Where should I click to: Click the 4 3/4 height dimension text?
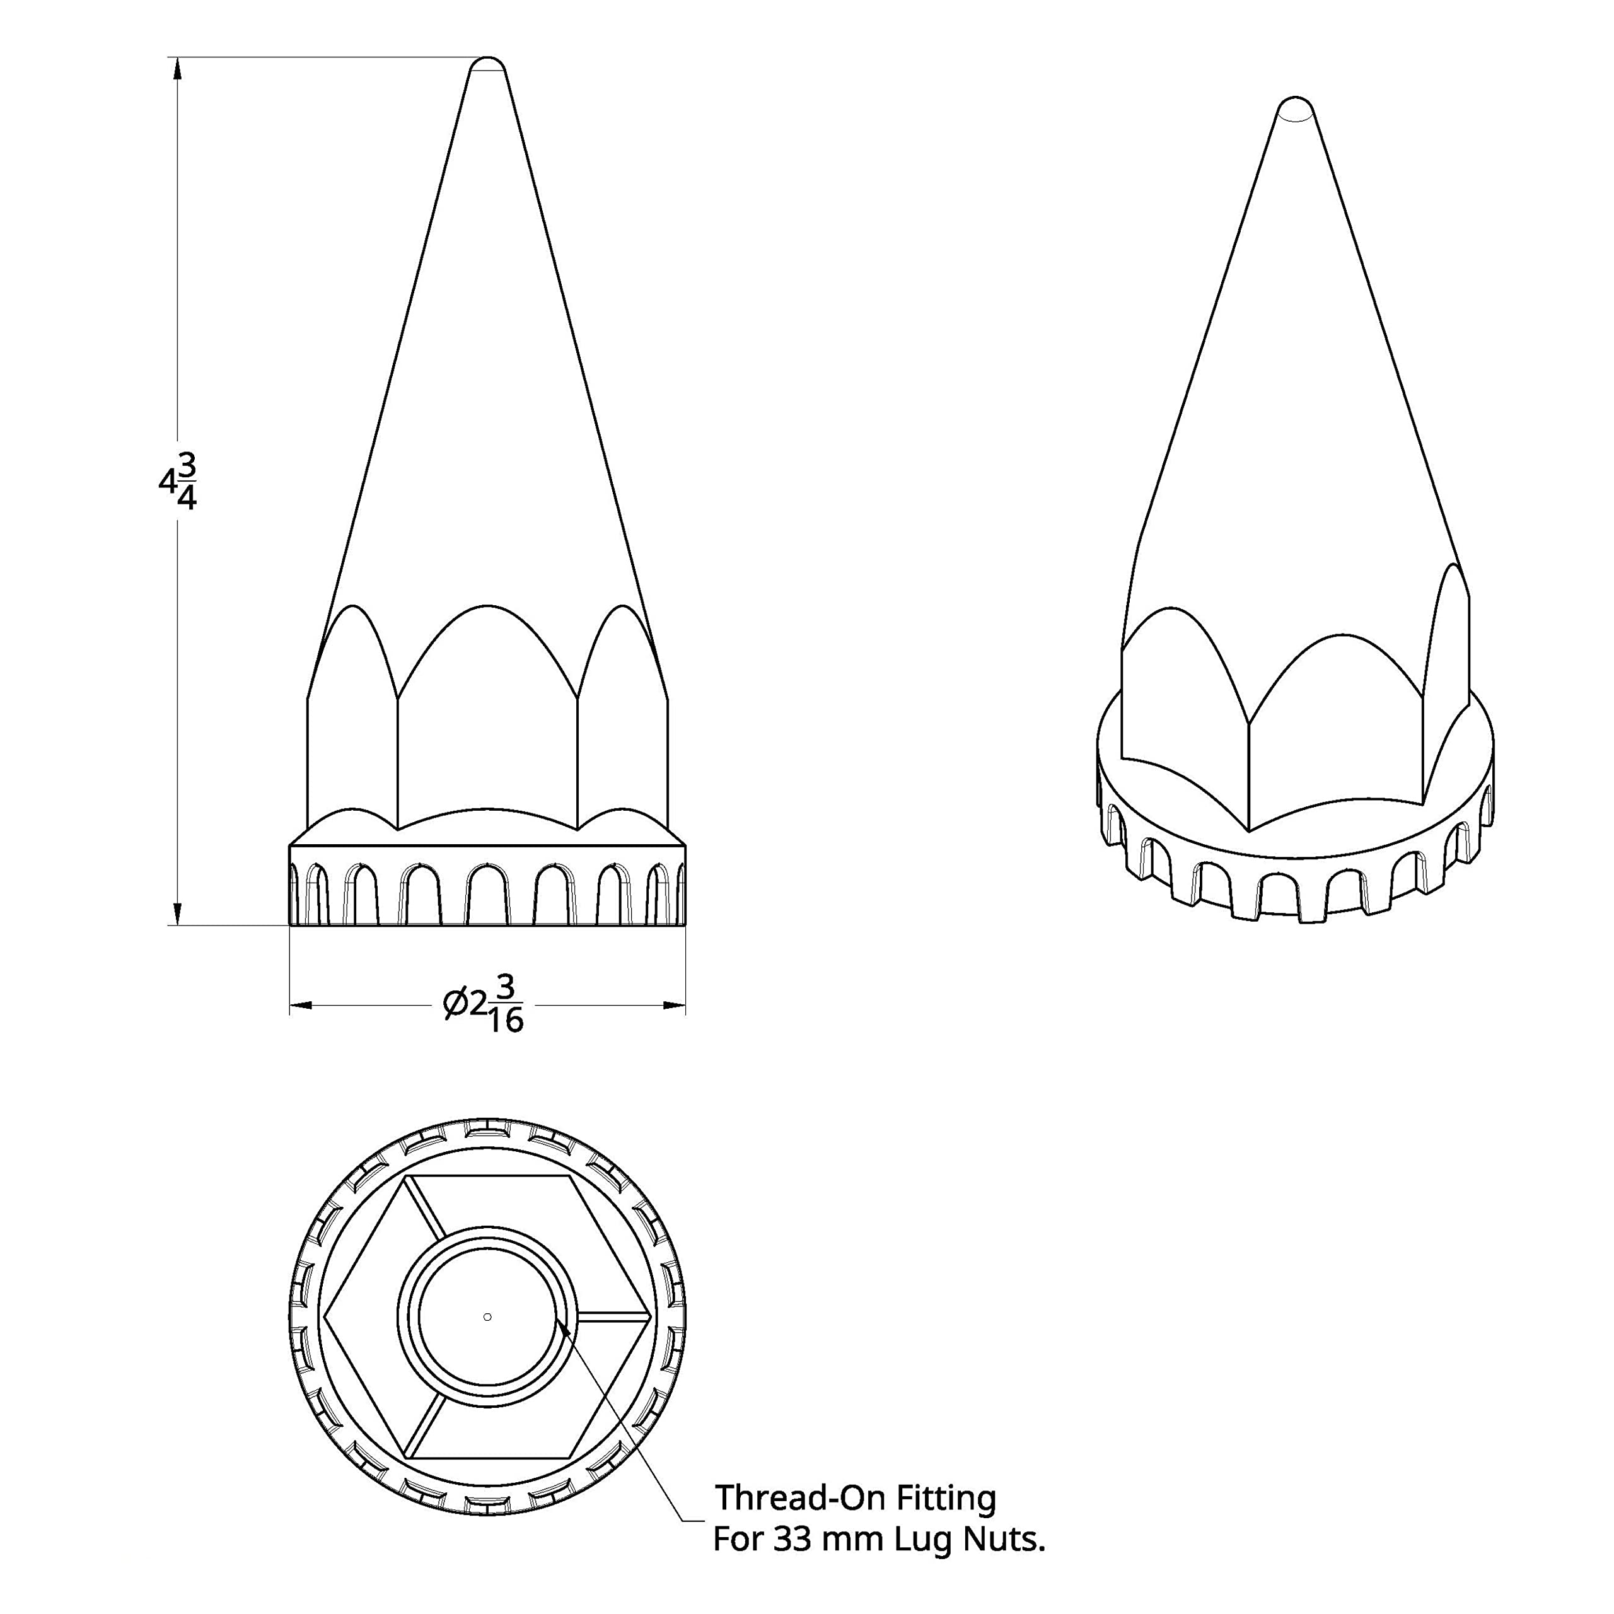[178, 482]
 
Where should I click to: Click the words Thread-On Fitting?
[855, 1498]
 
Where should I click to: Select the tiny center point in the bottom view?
[488, 1316]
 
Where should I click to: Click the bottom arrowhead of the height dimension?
[177, 912]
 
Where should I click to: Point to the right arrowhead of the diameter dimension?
[674, 1004]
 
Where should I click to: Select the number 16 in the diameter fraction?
[506, 1021]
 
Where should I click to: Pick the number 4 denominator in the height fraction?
[187, 499]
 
